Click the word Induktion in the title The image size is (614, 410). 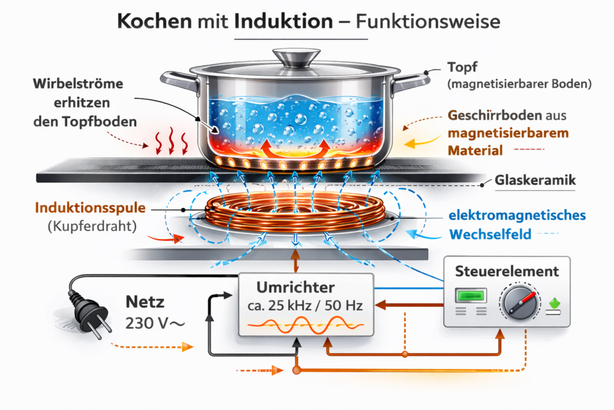tap(284, 22)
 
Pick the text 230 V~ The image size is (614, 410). tap(155, 324)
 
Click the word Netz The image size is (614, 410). tap(145, 303)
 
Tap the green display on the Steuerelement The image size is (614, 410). tap(471, 295)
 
